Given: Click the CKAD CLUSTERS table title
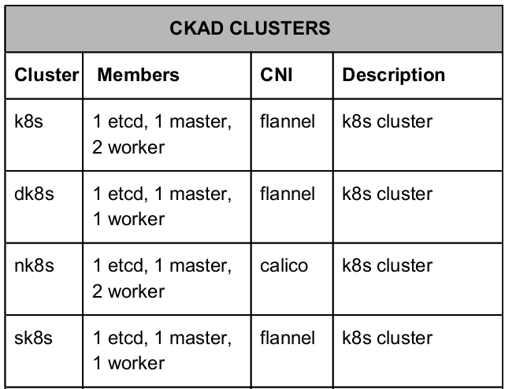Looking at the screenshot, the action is [x=250, y=28].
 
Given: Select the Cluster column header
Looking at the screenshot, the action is [x=46, y=75].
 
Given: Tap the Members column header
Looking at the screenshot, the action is [x=138, y=75].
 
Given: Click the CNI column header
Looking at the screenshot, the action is [x=277, y=75].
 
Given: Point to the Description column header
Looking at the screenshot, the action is [x=394, y=76].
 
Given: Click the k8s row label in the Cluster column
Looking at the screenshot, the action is [x=28, y=122].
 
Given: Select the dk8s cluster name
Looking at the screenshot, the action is [x=34, y=194].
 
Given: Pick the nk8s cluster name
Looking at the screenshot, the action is [x=34, y=265].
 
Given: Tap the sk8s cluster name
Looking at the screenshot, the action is [x=33, y=338].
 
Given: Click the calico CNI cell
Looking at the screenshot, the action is [x=284, y=266].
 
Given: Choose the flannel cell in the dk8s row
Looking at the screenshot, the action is [x=288, y=194].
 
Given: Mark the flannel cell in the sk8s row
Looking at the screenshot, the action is [x=288, y=338].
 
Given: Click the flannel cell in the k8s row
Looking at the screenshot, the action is [x=288, y=122].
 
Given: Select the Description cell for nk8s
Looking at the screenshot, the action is [x=387, y=265].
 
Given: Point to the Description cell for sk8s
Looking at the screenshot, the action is [x=387, y=338].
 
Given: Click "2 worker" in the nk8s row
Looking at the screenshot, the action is [x=128, y=291].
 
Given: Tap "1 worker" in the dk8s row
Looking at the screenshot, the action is [x=128, y=219].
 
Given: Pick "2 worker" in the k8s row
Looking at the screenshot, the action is [x=128, y=147].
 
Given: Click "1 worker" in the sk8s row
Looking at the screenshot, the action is [x=128, y=363].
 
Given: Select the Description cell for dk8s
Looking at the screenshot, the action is [x=387, y=194].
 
